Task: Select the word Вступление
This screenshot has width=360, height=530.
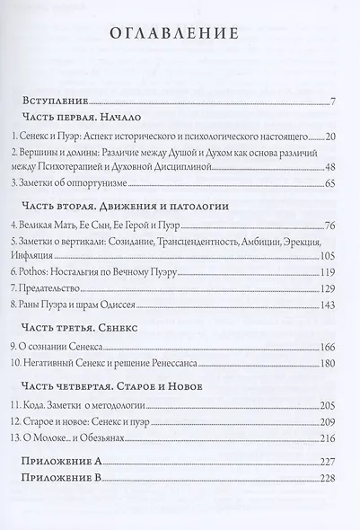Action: [60, 100]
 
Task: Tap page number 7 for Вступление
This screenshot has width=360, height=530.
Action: [332, 100]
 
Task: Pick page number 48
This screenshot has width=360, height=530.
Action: [329, 168]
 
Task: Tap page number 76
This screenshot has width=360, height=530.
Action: [329, 225]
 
